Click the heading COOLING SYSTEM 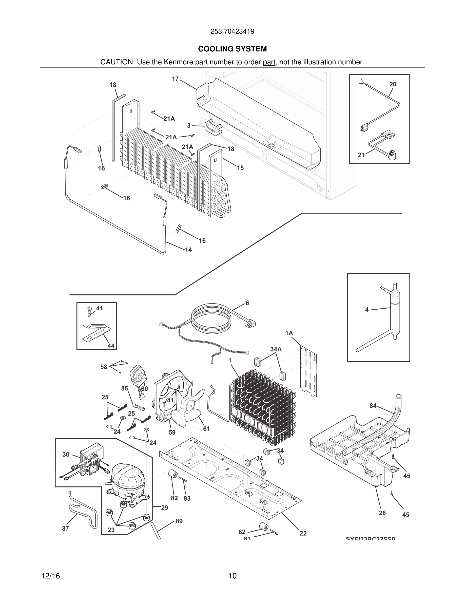click(232, 49)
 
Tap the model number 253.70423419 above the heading click(232, 31)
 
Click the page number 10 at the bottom click(232, 576)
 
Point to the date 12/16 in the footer click(50, 576)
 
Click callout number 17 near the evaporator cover click(175, 79)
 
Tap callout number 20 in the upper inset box click(393, 84)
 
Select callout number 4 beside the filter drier click(367, 310)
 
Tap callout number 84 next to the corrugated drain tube click(373, 406)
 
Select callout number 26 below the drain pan click(382, 513)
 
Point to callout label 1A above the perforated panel click(289, 333)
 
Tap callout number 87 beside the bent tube click(65, 529)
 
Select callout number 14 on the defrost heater click(188, 250)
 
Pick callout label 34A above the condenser click(276, 349)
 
